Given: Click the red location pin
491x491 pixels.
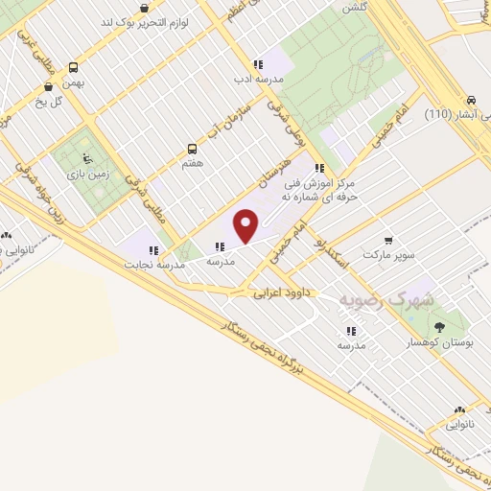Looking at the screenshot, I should coord(246,225).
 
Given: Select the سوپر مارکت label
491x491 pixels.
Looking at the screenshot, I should coord(388,256).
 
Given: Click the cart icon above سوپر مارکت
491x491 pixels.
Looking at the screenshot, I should coord(387,241).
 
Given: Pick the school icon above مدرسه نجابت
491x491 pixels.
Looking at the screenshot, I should coord(152,251).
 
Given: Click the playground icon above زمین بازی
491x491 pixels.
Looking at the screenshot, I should coord(88,159).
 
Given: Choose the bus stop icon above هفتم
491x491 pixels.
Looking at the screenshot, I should coord(193,149).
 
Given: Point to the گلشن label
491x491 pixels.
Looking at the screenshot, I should coord(354,6).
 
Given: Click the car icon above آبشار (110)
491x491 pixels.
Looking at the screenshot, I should coord(471,100).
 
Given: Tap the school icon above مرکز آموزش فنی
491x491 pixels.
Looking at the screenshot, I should coord(333,169).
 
